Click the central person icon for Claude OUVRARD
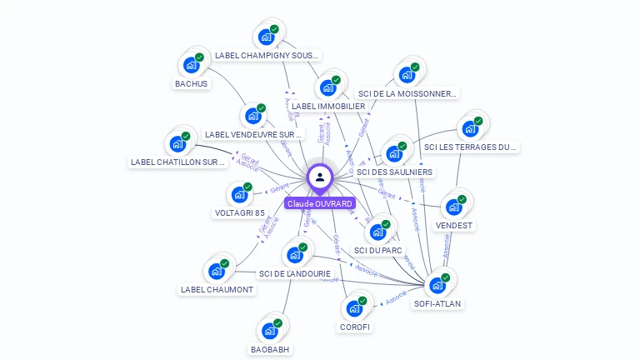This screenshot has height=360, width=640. [x=320, y=177]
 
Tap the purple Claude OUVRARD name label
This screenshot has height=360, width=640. [x=320, y=203]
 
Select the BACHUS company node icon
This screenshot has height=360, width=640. [x=192, y=65]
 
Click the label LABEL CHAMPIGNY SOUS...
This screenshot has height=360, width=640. [x=267, y=56]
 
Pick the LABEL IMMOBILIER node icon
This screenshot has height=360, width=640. [x=328, y=87]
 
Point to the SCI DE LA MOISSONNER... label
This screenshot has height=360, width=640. [x=407, y=93]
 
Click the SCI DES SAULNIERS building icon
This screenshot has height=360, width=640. [x=394, y=153]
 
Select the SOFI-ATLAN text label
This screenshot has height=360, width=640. [x=437, y=304]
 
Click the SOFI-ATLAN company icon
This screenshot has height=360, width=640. [x=437, y=285]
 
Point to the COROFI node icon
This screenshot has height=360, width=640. [x=355, y=308]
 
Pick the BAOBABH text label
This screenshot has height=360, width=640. [x=270, y=349]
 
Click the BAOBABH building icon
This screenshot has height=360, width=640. [x=270, y=331]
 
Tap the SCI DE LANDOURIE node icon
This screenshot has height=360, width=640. [x=295, y=255]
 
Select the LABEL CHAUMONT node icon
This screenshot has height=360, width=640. [x=217, y=271]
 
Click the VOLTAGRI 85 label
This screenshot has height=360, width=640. [x=239, y=212]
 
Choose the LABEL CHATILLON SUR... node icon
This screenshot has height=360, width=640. [x=178, y=143]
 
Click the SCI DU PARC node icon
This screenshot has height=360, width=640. [x=378, y=232]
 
